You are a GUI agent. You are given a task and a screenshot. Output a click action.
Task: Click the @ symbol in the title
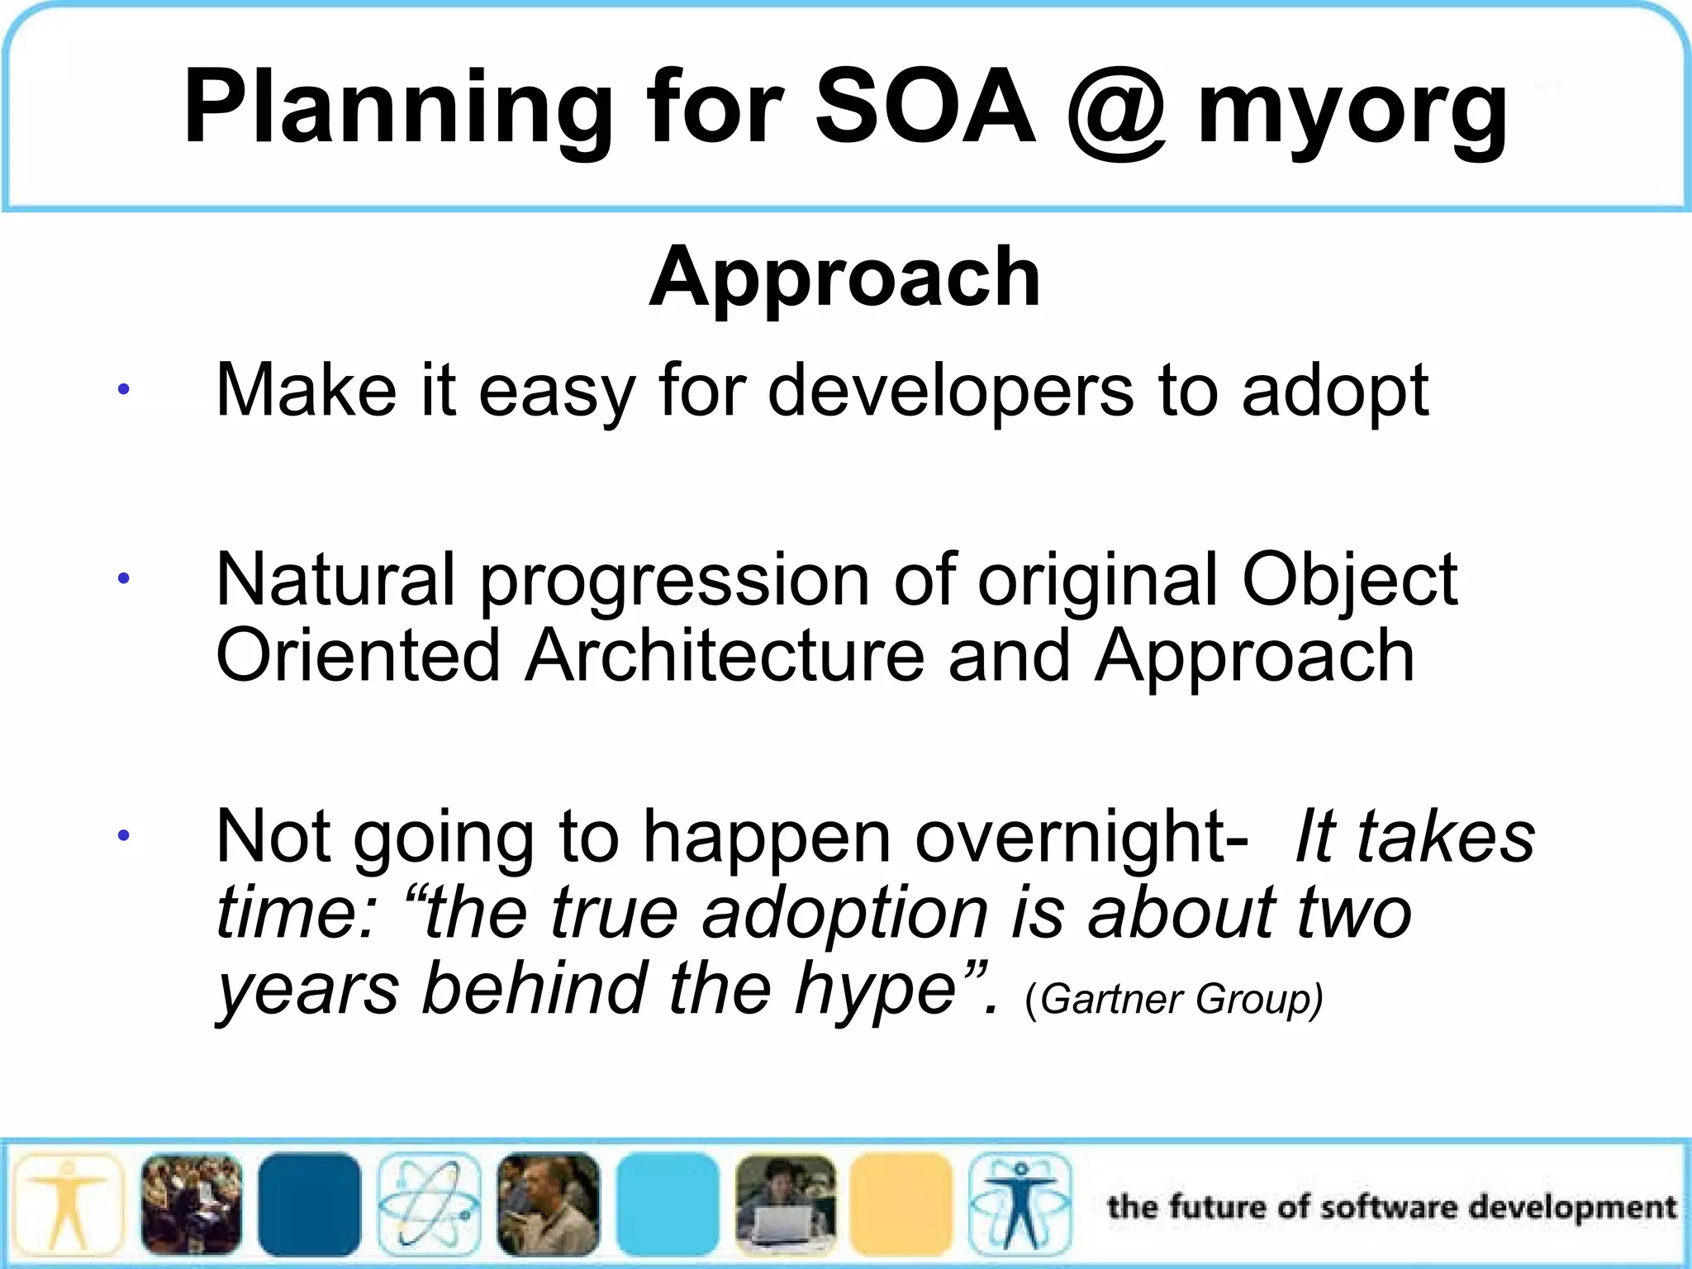pos(1116,107)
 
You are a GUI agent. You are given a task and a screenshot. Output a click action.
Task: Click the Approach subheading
pos(844,277)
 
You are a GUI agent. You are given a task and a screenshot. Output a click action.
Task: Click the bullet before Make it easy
pos(123,389)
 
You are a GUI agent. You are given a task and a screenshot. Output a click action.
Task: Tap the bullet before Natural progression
pos(123,579)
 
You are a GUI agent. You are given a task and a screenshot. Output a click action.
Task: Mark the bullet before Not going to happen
pos(123,836)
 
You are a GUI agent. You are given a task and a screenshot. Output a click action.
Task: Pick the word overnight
pos(1081,837)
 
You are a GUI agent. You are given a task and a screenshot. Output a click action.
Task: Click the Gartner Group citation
pos(1173,999)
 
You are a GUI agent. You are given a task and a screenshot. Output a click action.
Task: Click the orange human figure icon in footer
pos(68,1205)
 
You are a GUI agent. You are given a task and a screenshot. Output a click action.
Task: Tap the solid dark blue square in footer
pos(309,1205)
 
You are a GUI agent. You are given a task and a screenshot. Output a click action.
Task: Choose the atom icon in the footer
pos(429,1205)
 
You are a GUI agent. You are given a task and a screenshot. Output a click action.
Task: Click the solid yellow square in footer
pos(901,1205)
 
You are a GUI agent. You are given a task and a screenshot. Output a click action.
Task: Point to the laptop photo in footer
pos(785,1205)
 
